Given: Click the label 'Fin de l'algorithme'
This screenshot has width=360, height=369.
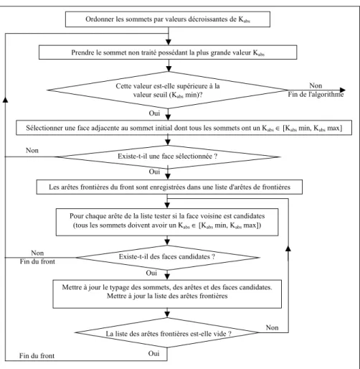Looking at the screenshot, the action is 316,95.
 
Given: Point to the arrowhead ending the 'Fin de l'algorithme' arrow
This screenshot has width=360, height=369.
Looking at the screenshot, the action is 343,90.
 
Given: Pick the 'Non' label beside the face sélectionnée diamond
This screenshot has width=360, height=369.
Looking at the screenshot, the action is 32,151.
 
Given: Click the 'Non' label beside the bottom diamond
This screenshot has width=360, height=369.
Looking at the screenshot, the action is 273,327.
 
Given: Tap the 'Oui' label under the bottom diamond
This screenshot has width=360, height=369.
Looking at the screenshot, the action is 153,353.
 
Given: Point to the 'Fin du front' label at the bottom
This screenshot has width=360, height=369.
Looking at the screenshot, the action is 37,356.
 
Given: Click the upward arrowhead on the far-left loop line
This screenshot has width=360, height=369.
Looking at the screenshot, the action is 5,99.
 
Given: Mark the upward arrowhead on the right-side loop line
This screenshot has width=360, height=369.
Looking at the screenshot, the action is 288,248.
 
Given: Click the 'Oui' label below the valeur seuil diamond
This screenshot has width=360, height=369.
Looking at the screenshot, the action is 154,113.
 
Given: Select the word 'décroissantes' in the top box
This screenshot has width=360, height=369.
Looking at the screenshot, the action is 209,19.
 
